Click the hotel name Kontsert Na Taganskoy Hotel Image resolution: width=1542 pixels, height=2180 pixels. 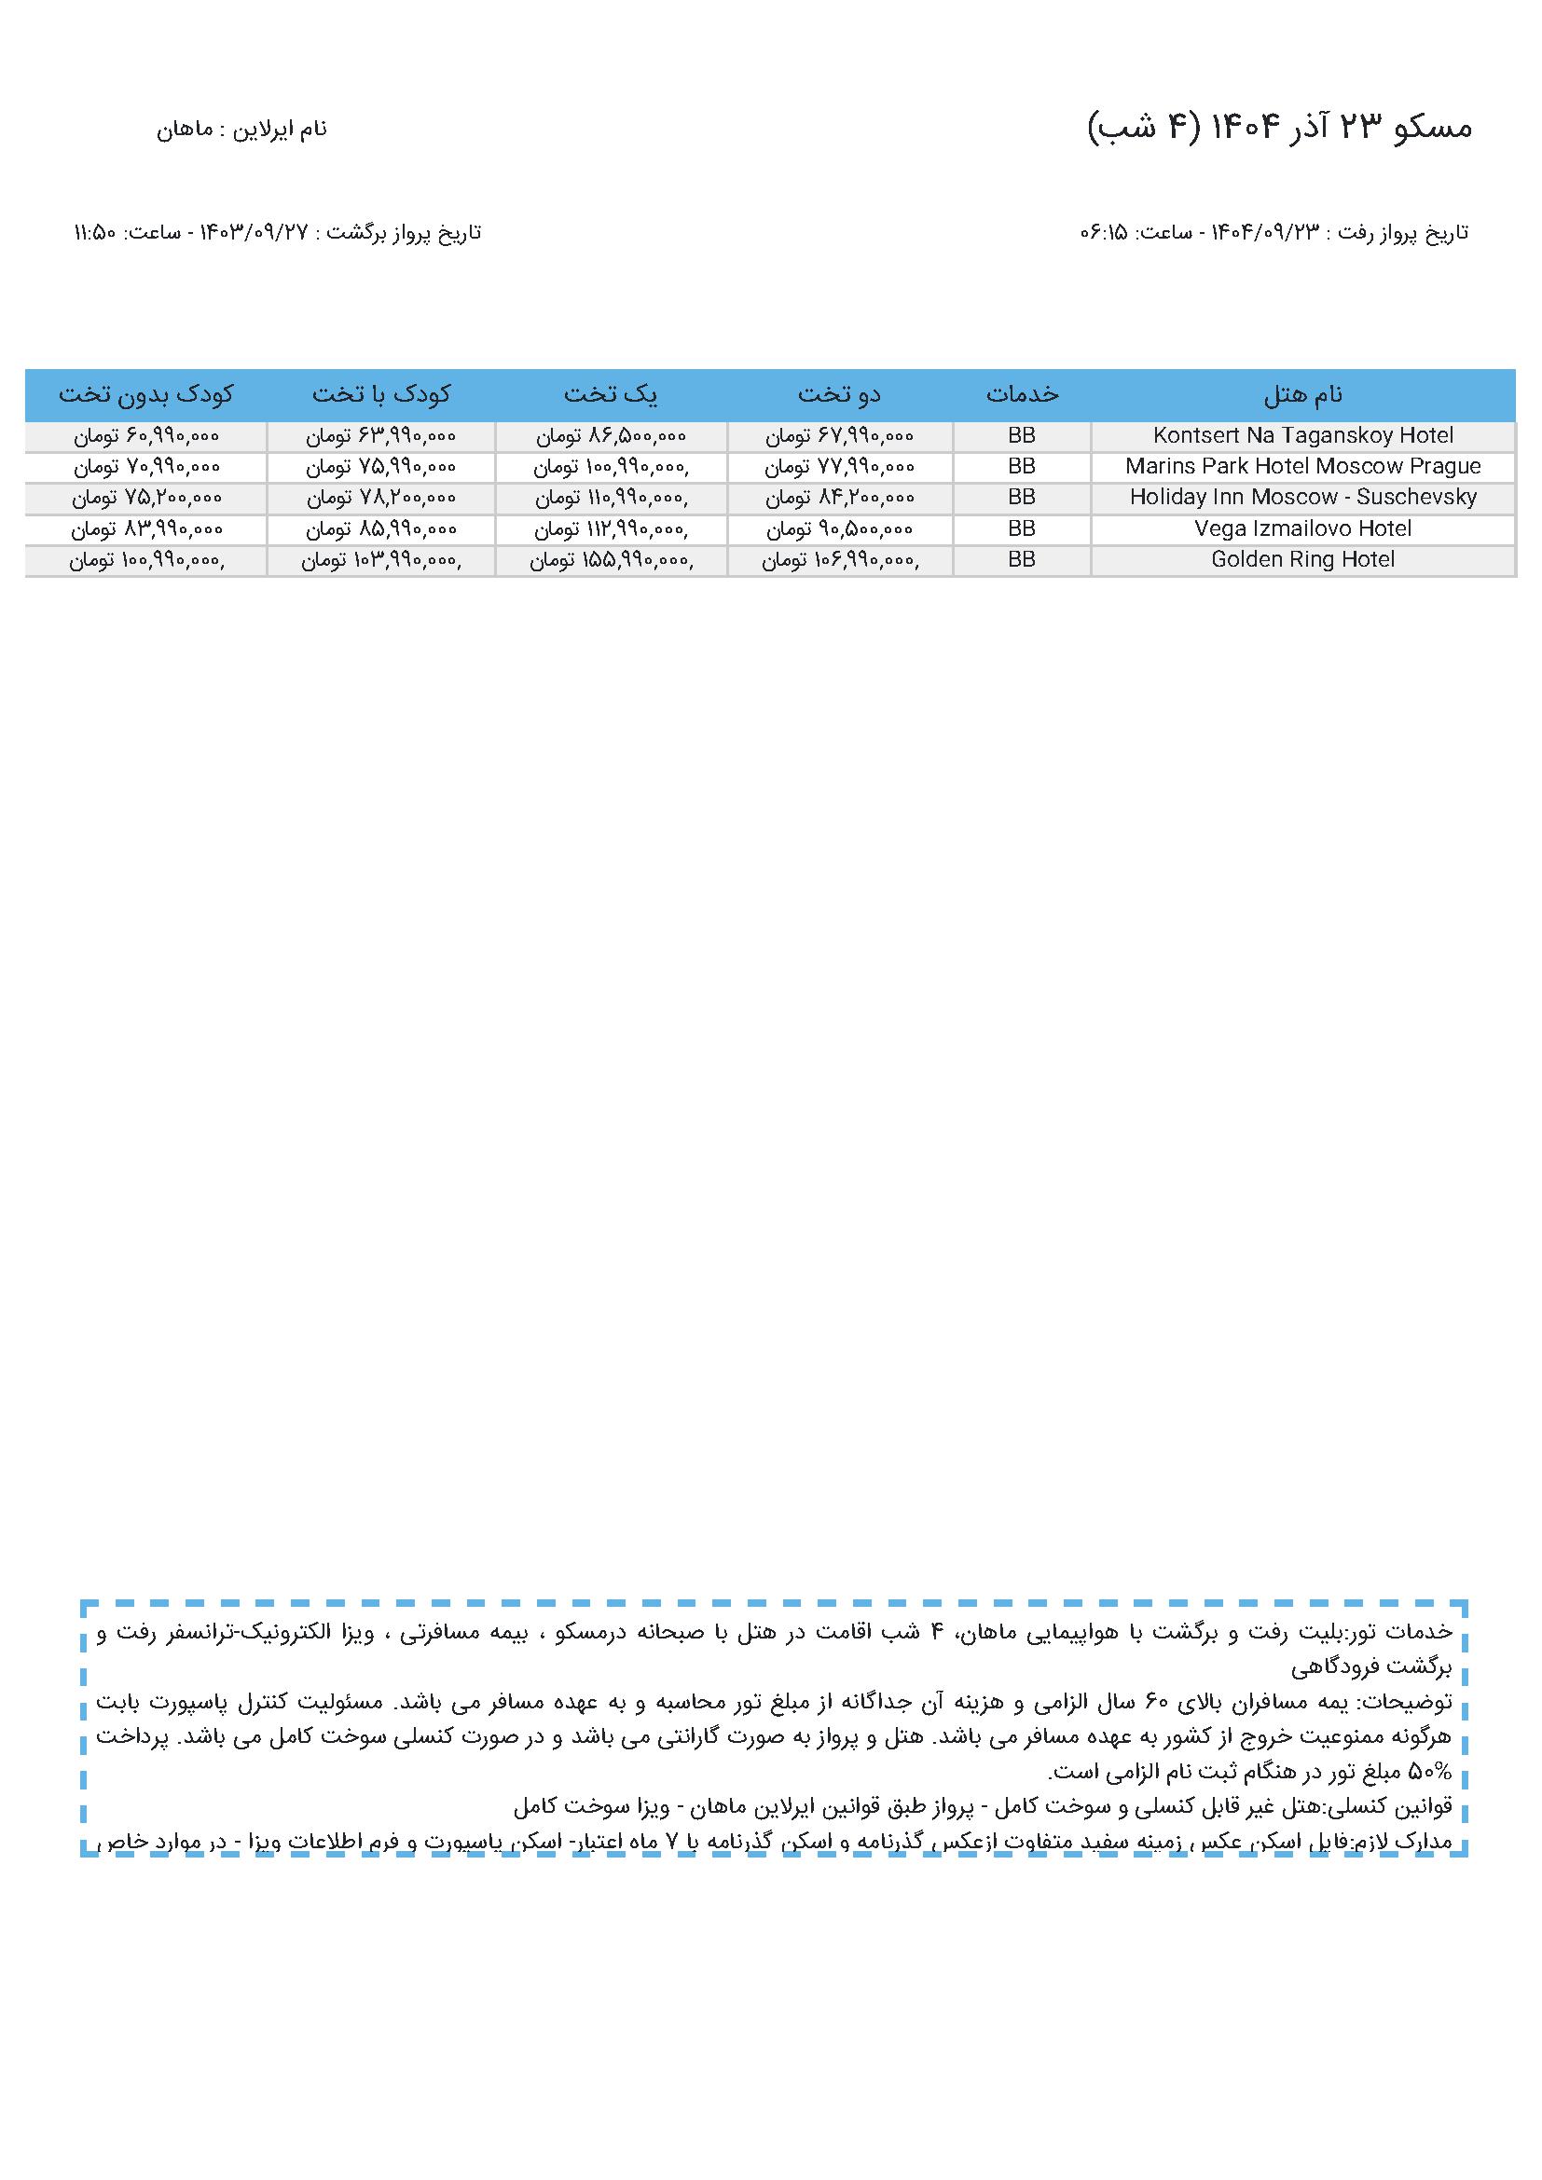coord(1302,436)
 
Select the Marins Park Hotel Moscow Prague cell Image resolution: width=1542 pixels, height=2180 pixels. coord(1302,466)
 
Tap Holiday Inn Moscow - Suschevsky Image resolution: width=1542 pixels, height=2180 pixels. coord(1302,497)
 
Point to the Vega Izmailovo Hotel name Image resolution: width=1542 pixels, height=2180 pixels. coord(1302,528)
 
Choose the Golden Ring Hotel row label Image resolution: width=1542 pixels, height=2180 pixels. coord(1302,559)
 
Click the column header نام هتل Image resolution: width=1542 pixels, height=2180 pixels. coord(1302,394)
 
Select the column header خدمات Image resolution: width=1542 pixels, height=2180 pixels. coord(1022,394)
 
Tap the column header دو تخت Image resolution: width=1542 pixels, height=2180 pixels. coord(839,394)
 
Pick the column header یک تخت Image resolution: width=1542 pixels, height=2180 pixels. coord(611,394)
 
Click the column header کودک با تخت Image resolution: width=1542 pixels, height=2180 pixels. coord(380,394)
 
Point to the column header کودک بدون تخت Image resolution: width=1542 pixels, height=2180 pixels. coord(145,394)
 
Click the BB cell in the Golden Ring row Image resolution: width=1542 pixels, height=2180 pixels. coord(1022,559)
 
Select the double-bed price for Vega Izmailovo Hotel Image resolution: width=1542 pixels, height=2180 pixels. coord(839,528)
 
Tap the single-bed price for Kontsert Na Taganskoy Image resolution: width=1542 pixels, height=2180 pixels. coord(611,436)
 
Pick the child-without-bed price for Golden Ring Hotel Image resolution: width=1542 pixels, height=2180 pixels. coord(145,560)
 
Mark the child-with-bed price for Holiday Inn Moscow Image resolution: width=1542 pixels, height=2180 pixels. coord(380,497)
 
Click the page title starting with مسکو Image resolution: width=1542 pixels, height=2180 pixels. coord(1279,128)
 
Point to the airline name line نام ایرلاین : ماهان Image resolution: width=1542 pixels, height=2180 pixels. coord(241,130)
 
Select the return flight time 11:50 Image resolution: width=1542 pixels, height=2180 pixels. coord(94,233)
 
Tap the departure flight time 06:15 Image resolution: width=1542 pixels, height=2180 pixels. coord(1102,233)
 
